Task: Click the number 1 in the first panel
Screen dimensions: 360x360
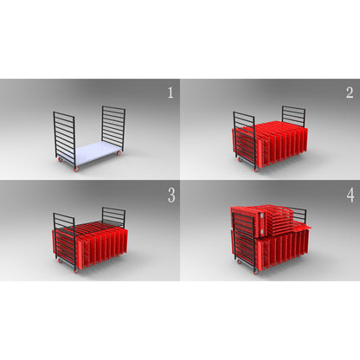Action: [x=170, y=93]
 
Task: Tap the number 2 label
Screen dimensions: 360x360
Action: [x=350, y=93]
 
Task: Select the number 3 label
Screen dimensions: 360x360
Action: [x=171, y=196]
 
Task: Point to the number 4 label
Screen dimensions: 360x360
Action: [x=350, y=196]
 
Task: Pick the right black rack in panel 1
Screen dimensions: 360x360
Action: [x=113, y=127]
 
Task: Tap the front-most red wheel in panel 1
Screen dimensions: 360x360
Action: [x=76, y=169]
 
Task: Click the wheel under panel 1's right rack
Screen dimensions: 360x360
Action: [x=119, y=153]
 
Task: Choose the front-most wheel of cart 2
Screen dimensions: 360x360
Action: [x=256, y=170]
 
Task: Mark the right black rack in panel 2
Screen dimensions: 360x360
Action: [x=293, y=116]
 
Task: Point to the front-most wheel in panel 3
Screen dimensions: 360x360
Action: [x=76, y=271]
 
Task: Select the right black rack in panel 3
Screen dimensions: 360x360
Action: [x=113, y=217]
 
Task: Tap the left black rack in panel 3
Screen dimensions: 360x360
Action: [x=65, y=241]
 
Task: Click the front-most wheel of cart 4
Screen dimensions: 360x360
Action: [x=256, y=272]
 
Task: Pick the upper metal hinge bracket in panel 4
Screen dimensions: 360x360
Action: [x=261, y=215]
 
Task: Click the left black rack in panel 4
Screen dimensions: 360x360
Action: [x=245, y=241]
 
